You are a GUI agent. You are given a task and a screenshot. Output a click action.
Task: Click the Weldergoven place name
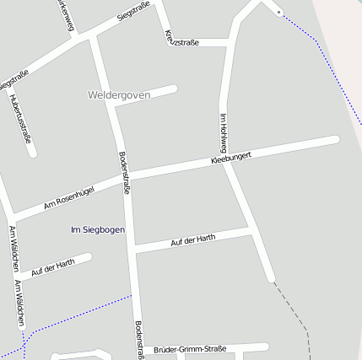pyautogui.click(x=119, y=95)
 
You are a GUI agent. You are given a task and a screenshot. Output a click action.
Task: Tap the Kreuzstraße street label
pyautogui.click(x=181, y=38)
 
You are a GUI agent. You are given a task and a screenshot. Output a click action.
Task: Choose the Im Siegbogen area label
pyautogui.click(x=99, y=229)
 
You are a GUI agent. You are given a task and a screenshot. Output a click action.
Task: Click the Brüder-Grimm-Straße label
pyautogui.click(x=190, y=349)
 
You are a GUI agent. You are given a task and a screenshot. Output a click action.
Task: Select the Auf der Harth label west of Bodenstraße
pyautogui.click(x=53, y=268)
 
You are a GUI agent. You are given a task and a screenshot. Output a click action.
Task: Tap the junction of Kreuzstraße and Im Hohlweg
pyautogui.click(x=230, y=42)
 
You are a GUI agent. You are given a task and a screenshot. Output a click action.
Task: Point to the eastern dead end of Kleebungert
pyautogui.click(x=335, y=140)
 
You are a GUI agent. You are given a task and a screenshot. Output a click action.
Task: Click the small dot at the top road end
pyautogui.click(x=278, y=12)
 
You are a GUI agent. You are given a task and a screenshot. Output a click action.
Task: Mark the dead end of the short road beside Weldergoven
pyautogui.click(x=175, y=88)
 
